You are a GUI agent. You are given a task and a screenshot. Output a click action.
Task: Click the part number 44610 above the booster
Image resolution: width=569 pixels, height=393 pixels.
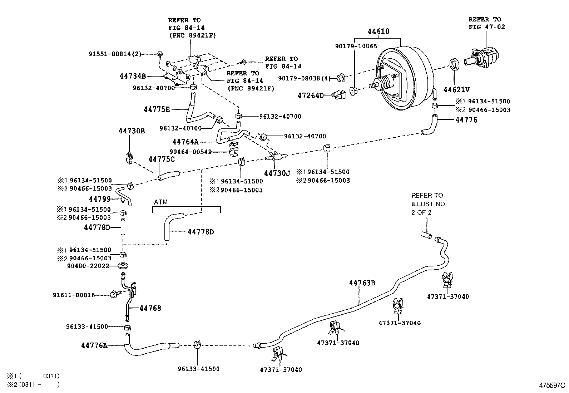tap(378, 31)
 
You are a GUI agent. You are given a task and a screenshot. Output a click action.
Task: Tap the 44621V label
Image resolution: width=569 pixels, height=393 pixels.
tap(456, 90)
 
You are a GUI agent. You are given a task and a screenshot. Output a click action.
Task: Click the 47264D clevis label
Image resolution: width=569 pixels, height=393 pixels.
tap(310, 95)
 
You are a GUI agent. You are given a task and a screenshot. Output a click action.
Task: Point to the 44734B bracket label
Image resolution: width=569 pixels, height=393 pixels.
tap(132, 76)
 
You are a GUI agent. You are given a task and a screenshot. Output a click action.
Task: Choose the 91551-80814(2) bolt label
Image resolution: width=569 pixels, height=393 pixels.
tap(115, 54)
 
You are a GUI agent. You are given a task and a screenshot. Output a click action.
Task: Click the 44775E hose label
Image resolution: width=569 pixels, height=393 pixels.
tap(157, 109)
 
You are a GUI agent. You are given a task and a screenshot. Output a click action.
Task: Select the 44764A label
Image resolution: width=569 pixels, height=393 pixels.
tap(185, 142)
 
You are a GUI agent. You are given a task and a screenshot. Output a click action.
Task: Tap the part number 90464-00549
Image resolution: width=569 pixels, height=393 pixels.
tap(190, 152)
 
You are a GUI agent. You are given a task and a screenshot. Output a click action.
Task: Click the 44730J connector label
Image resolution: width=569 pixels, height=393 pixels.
tap(277, 173)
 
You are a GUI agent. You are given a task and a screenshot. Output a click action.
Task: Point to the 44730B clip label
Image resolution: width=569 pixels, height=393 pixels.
tap(132, 131)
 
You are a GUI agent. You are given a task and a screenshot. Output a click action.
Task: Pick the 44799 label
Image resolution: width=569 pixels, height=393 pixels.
tap(100, 199)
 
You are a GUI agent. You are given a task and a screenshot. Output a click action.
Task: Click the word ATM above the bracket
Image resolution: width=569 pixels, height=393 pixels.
tap(161, 202)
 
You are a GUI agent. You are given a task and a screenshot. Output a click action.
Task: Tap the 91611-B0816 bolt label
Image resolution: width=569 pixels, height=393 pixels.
tap(74, 295)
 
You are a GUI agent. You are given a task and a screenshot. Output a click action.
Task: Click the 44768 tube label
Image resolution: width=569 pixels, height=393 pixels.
tap(150, 308)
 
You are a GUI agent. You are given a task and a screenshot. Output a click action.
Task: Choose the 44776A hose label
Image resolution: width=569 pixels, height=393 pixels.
tap(94, 345)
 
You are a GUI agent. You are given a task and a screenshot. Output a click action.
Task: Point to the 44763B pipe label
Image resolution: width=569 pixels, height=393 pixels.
tap(362, 283)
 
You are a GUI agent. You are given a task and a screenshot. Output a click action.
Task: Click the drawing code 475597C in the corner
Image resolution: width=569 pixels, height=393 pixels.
tap(552, 386)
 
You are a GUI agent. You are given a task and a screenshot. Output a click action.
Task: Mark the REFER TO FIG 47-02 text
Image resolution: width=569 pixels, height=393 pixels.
tap(486, 23)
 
